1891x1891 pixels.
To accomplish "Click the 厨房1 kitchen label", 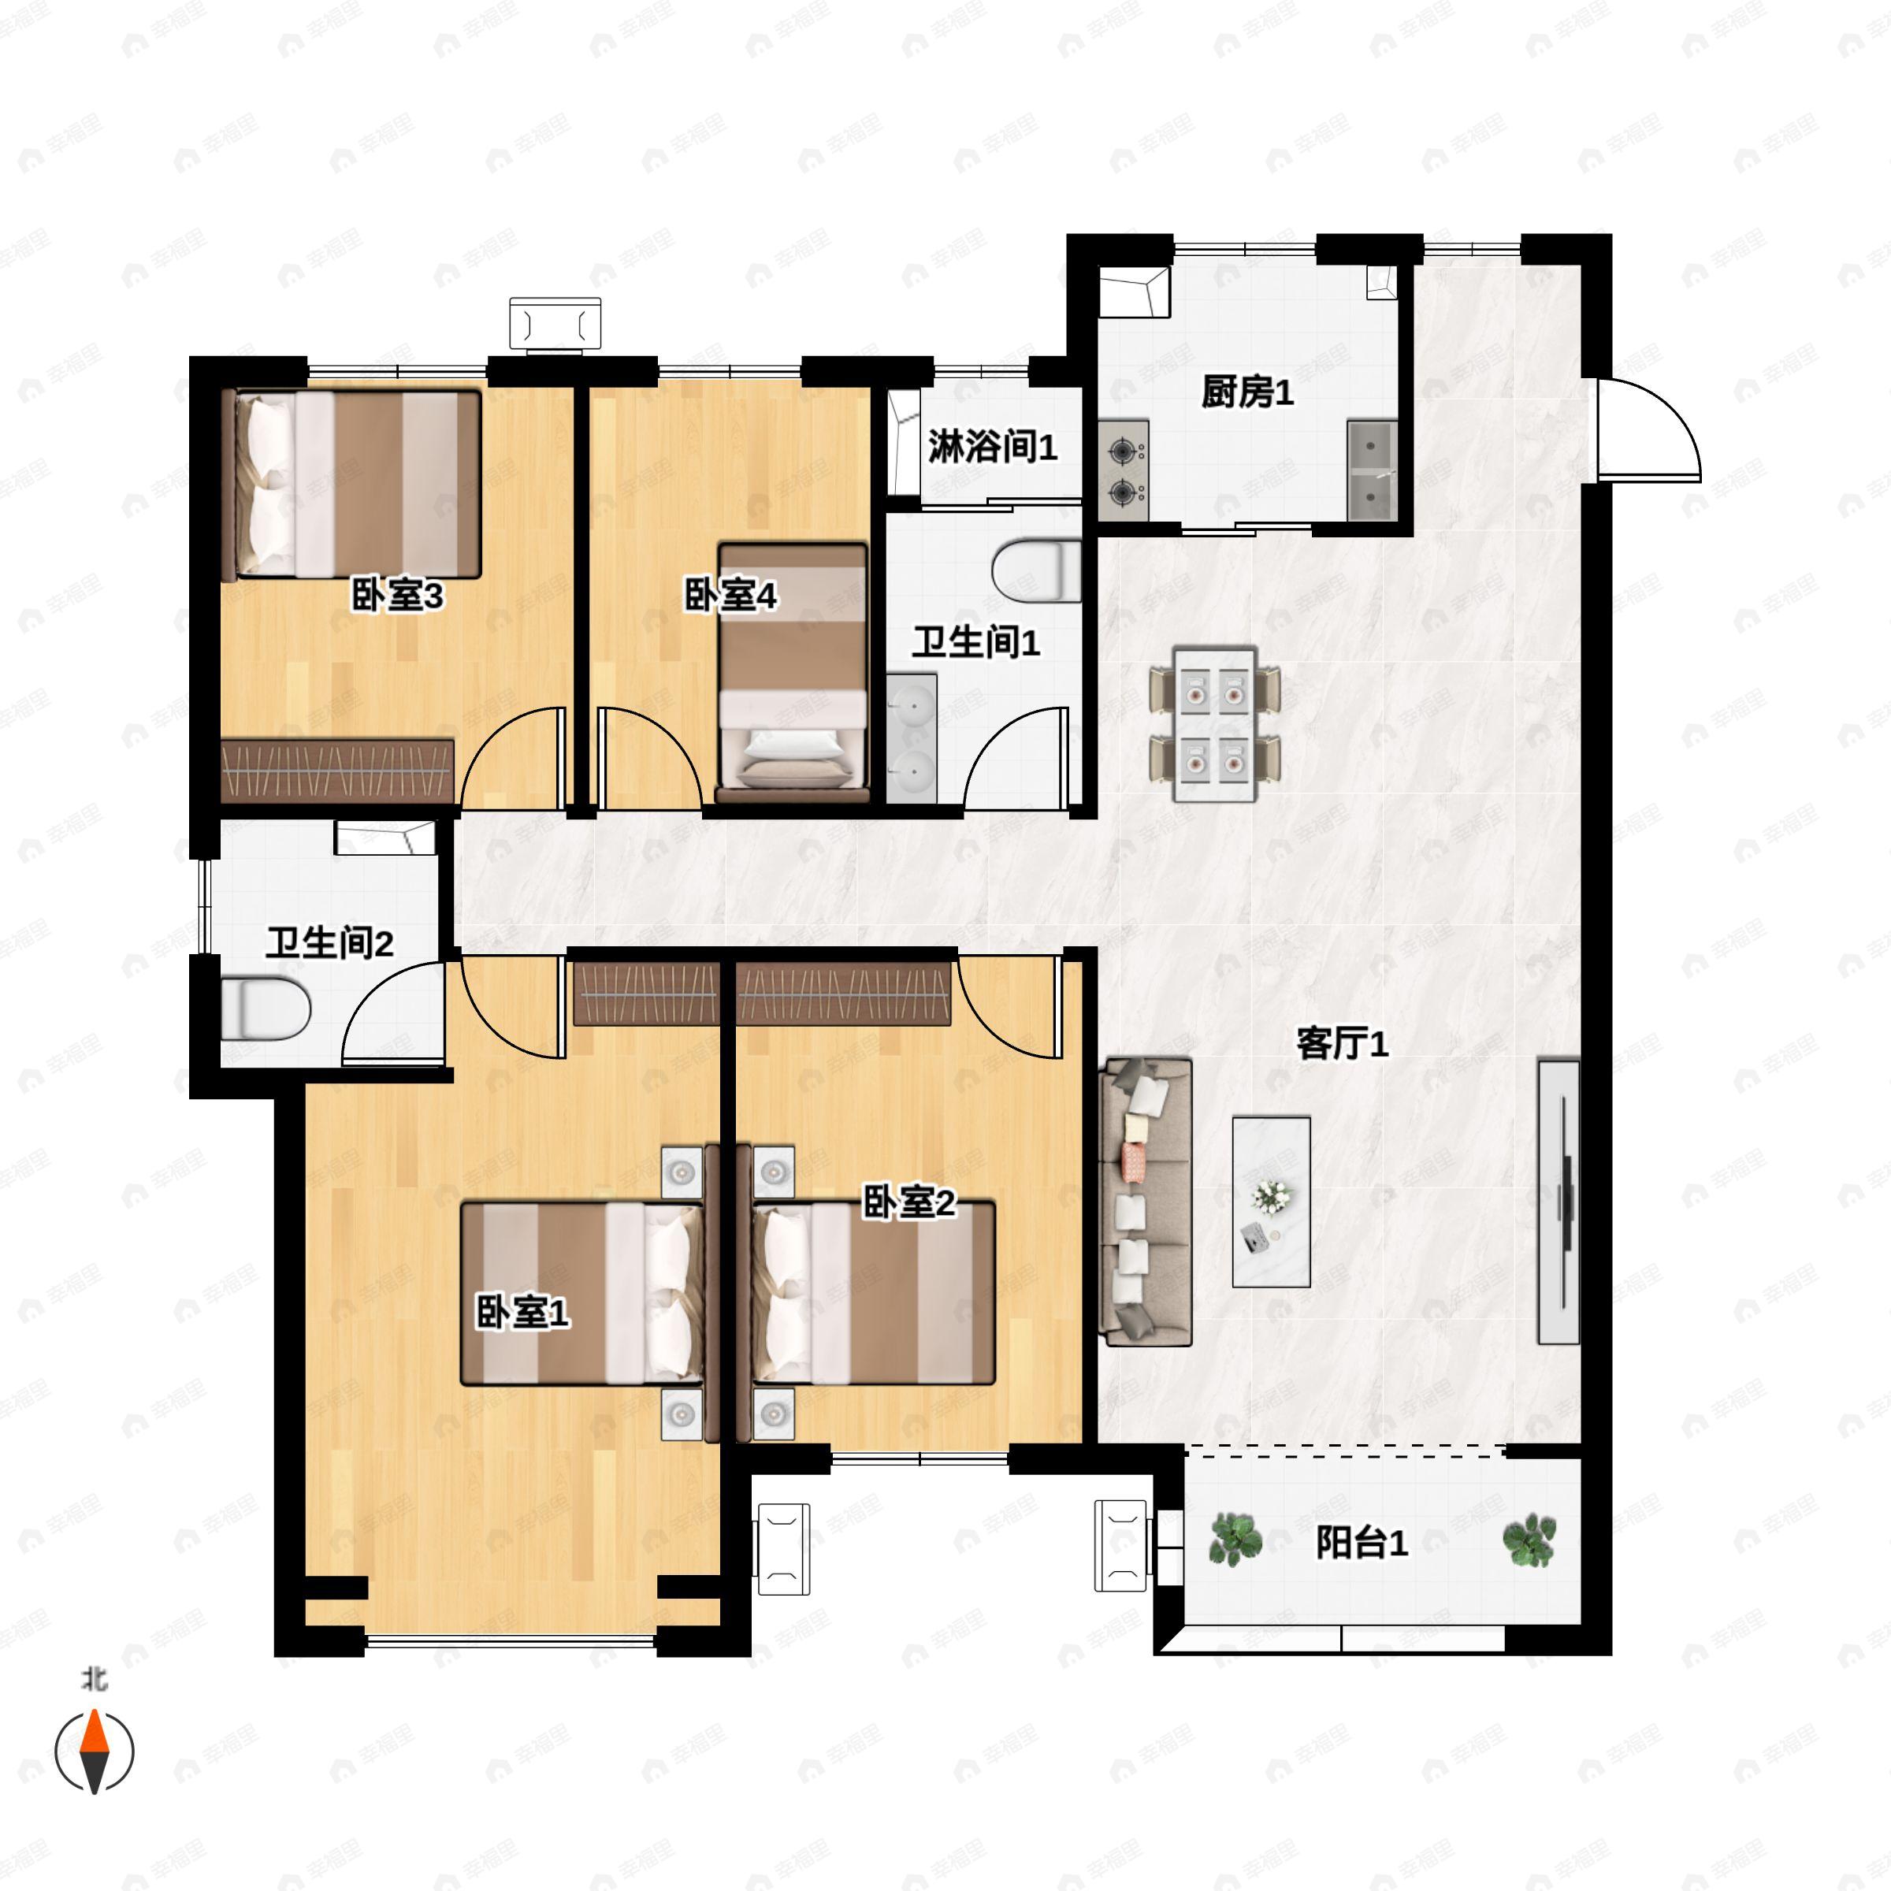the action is coord(1247,392).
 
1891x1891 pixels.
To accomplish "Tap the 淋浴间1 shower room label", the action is coord(993,448).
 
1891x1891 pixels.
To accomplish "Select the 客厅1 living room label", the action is coord(1342,1044).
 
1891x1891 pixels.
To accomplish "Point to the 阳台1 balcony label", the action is coord(1362,1544).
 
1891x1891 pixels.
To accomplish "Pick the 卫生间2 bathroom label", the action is coord(330,944).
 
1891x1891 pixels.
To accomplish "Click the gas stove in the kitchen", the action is coord(1124,471).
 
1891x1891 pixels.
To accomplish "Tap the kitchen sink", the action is coord(1371,471).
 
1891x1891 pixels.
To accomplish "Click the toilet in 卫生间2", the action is coord(266,1009).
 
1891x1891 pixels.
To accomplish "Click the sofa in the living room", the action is coord(1148,1202).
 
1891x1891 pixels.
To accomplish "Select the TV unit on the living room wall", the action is coord(1559,1201).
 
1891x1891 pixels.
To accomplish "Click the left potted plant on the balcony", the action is coord(1235,1540).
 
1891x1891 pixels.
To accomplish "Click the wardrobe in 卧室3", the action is coord(338,771).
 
